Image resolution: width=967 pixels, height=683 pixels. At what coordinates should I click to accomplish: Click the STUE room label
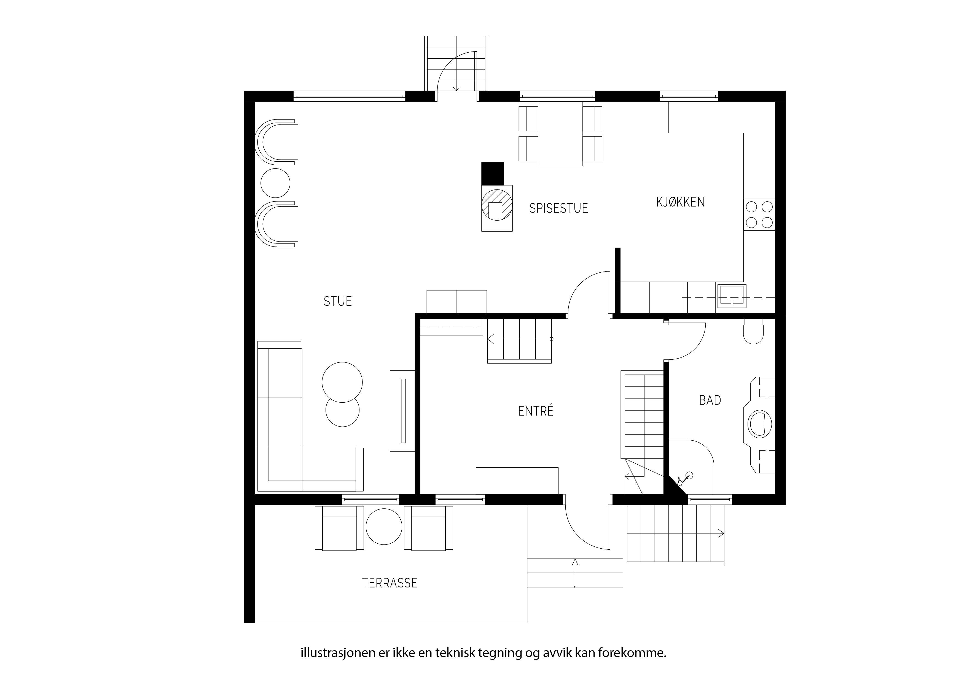tap(337, 301)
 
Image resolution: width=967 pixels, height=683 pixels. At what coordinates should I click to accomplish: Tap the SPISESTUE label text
tap(558, 208)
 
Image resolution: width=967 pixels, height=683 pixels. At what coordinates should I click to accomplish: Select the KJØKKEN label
tap(680, 202)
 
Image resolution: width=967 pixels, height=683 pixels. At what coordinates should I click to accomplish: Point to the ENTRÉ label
tap(536, 411)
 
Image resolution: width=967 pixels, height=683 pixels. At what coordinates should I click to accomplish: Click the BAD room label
tap(710, 400)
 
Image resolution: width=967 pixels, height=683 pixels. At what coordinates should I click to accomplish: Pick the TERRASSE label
tap(390, 583)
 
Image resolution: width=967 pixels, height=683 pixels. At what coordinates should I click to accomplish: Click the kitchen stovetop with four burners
tap(759, 215)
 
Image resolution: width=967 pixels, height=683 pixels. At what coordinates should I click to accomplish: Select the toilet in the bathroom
tap(753, 331)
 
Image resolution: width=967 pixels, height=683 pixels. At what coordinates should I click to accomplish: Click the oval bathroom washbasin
tap(759, 424)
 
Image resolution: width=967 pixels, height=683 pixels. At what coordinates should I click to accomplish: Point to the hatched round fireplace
tap(497, 205)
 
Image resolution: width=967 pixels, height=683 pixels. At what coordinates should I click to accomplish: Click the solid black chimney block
tap(493, 174)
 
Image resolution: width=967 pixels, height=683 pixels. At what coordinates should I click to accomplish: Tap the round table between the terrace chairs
tap(384, 527)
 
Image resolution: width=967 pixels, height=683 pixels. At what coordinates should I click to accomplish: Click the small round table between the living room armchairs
tap(275, 183)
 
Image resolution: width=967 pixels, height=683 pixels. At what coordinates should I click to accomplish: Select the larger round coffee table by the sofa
tap(342, 382)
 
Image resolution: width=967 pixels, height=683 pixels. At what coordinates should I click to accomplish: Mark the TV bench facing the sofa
tap(403, 411)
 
